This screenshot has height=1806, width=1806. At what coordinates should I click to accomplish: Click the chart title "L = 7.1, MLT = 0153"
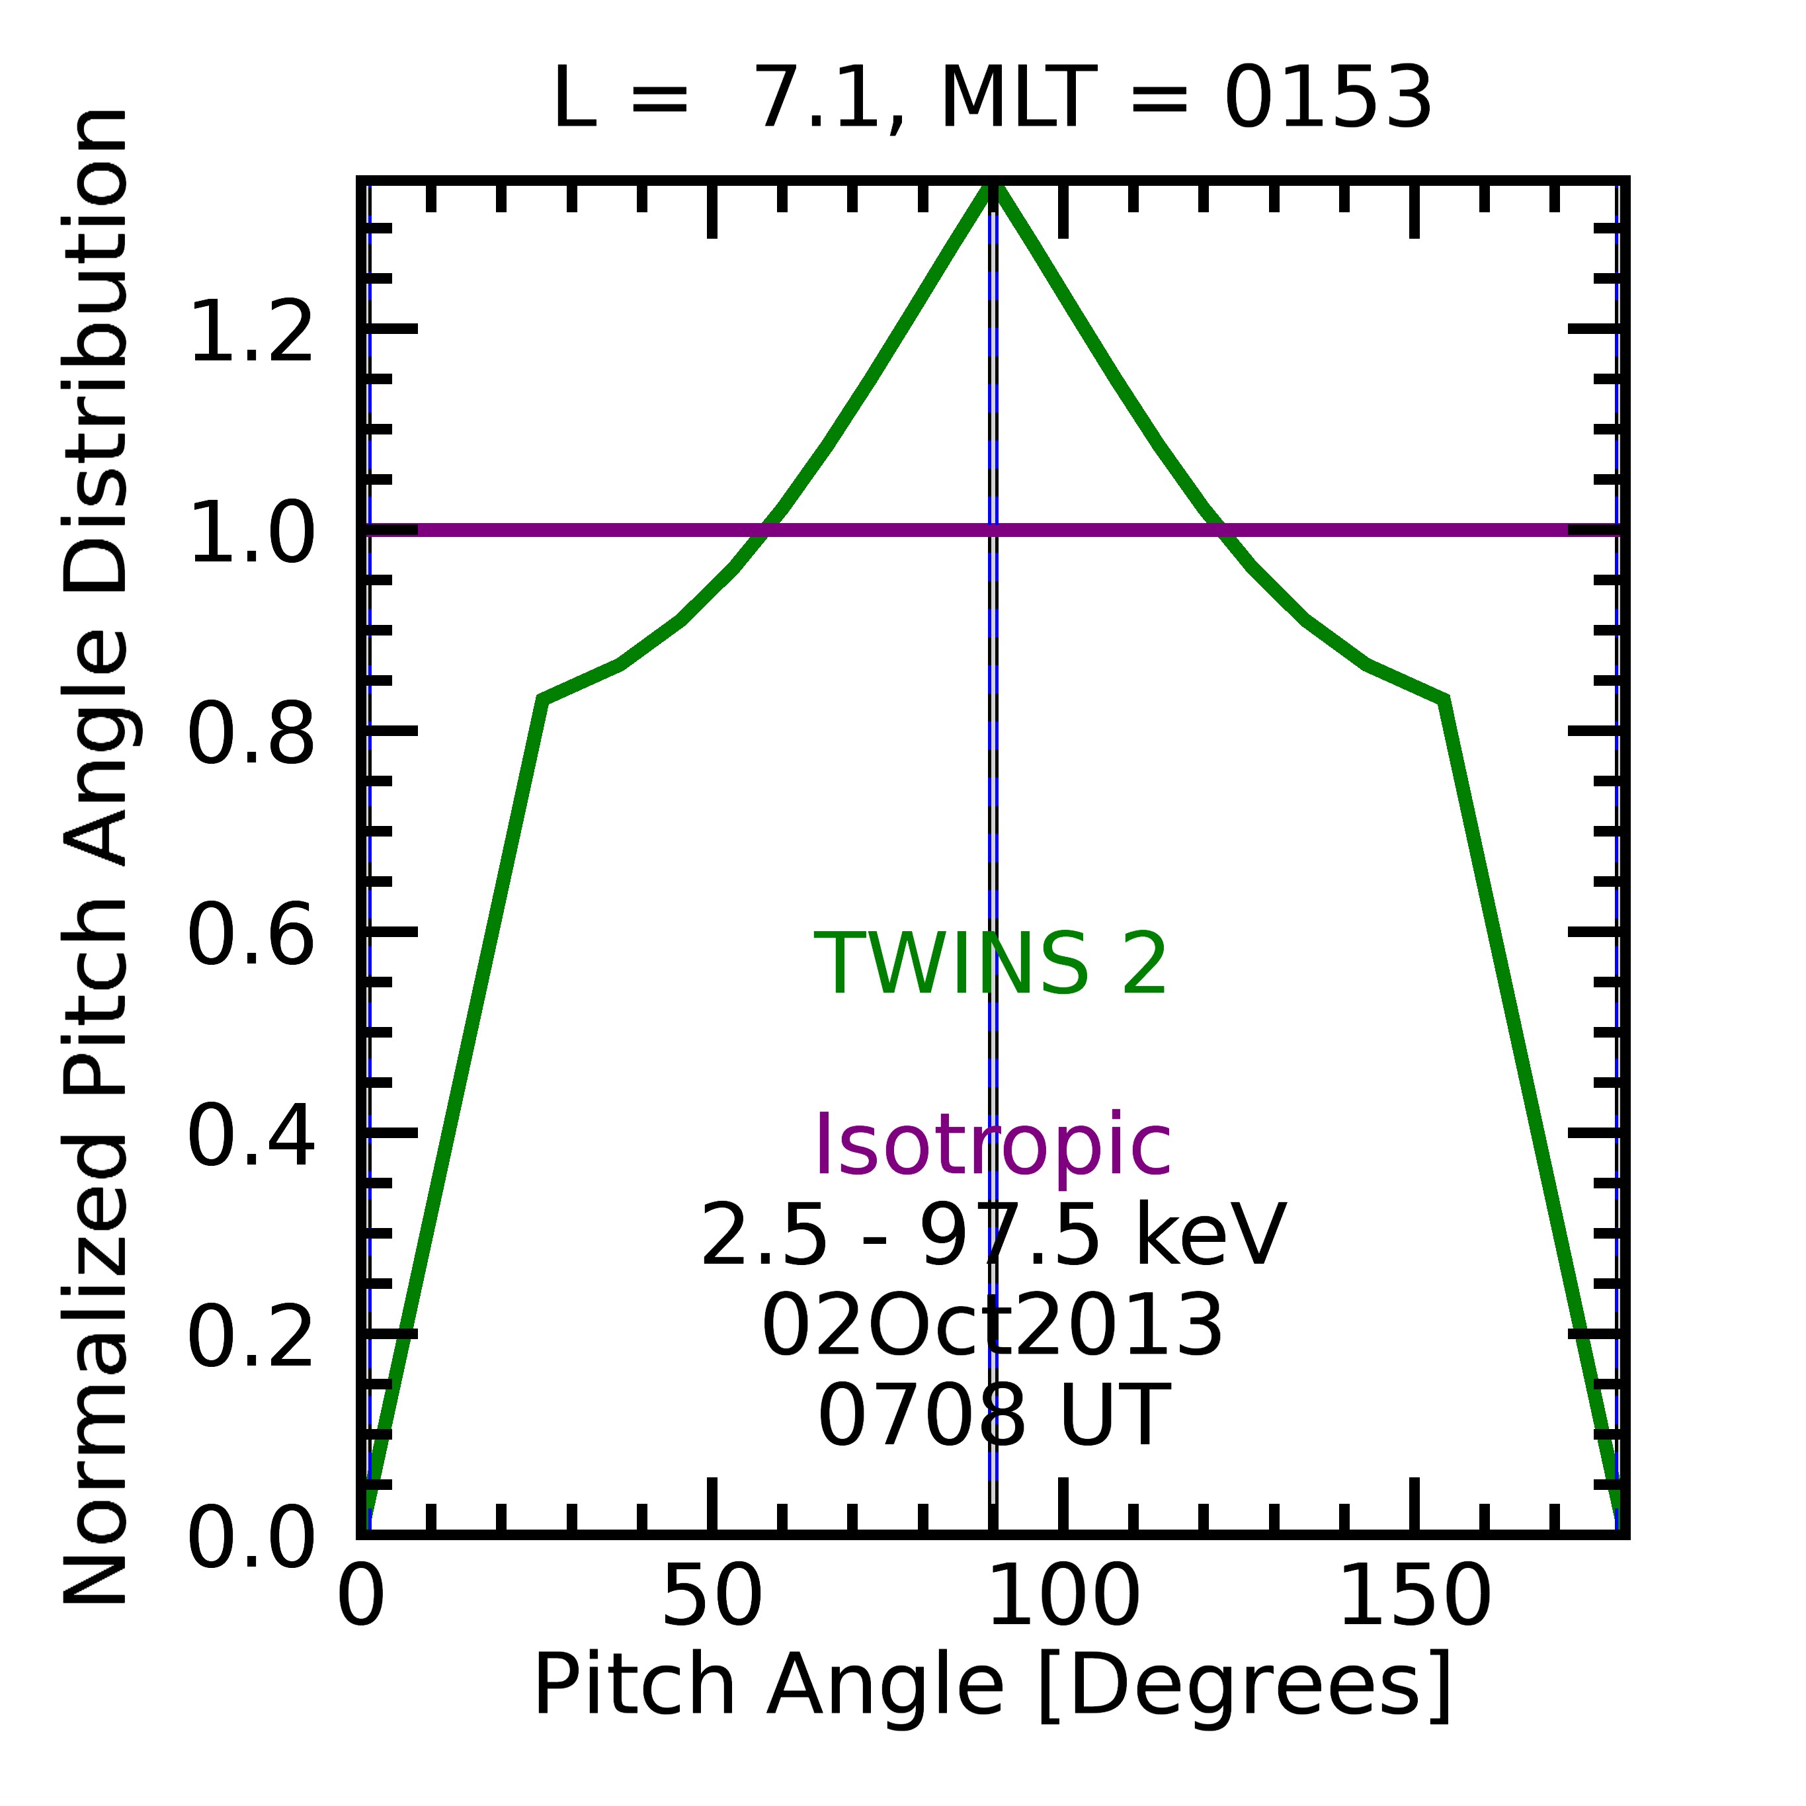coord(992,100)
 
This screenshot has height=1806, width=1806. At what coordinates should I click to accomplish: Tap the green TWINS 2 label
coord(991,965)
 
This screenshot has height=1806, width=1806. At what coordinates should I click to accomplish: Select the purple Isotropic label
coord(993,1146)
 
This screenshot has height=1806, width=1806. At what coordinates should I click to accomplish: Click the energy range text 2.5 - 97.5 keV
coord(993,1236)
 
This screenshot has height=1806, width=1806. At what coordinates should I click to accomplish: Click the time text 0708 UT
coord(993,1417)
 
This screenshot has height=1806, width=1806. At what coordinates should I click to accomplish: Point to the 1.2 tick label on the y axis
coord(251,332)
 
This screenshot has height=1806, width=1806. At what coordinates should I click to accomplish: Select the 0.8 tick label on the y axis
coord(251,734)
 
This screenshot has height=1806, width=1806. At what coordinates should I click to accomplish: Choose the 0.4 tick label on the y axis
coord(251,1137)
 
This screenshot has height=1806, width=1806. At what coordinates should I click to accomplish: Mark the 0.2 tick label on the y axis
coord(251,1338)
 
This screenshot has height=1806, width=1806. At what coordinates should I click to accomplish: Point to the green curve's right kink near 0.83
coord(1444,699)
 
